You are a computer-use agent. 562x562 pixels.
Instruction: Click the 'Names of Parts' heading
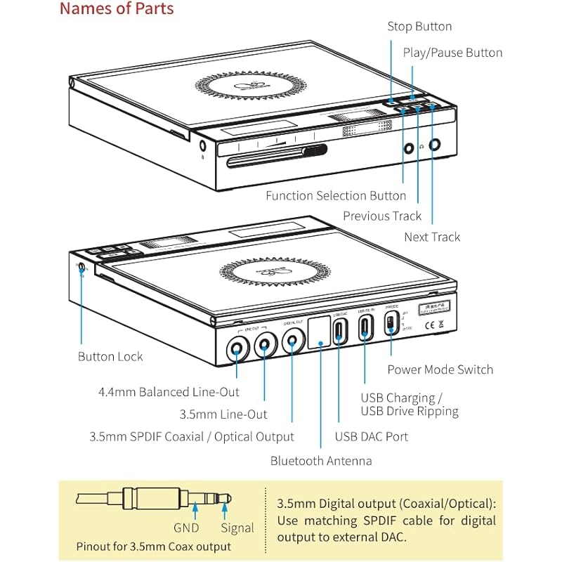[116, 9]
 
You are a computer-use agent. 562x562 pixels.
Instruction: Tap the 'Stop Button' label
[419, 27]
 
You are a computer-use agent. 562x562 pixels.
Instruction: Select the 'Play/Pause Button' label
[452, 53]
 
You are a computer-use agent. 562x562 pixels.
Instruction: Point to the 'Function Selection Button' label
[336, 196]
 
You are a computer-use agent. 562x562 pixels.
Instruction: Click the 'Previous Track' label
[382, 216]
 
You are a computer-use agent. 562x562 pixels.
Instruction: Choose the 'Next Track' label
[432, 237]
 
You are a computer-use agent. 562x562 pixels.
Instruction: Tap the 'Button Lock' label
[110, 357]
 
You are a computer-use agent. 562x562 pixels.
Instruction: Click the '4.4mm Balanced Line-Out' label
[169, 392]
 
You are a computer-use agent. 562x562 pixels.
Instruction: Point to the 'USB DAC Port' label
[371, 437]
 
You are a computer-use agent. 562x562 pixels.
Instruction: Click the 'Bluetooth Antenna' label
[321, 462]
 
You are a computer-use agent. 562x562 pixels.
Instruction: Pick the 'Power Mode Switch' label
[440, 370]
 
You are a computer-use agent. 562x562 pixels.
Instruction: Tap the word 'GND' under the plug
[185, 528]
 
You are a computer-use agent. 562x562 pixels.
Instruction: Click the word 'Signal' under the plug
[237, 528]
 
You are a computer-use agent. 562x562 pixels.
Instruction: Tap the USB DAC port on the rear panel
[340, 329]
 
